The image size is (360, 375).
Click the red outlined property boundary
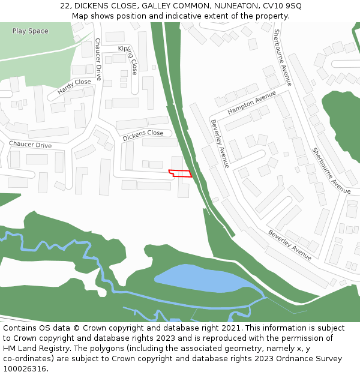(180, 173)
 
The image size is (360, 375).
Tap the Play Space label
(30, 31)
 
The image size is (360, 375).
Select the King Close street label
(131, 59)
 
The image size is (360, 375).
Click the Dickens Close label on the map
(143, 136)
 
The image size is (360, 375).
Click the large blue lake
(204, 278)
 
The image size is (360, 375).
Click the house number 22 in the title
(65, 6)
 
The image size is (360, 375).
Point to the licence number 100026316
(25, 369)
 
